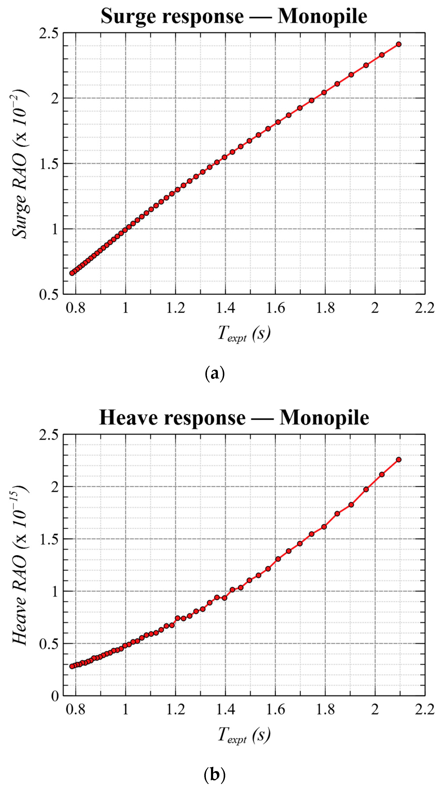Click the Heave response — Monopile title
(x=234, y=418)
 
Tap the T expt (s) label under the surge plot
(x=244, y=334)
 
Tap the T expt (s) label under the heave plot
(x=244, y=735)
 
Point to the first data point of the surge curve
(x=72, y=273)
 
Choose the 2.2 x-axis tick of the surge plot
(x=425, y=308)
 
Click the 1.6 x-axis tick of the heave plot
(x=275, y=709)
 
